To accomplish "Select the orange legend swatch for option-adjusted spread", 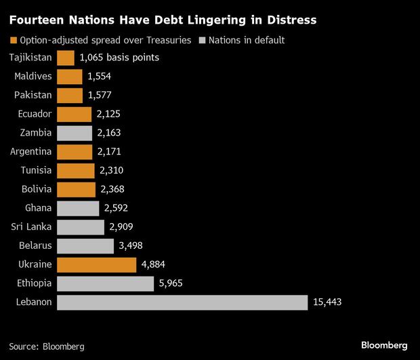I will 12,40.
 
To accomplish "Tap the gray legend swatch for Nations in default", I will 201,40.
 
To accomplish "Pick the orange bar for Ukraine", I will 91,264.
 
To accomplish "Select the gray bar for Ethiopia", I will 105,283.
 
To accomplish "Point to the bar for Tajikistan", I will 66,58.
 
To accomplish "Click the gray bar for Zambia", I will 75,133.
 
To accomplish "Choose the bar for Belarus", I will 85,245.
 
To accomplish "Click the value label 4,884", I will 142,264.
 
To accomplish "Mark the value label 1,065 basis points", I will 119,58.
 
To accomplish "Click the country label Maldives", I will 32,77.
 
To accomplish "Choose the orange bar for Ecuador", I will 74,114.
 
